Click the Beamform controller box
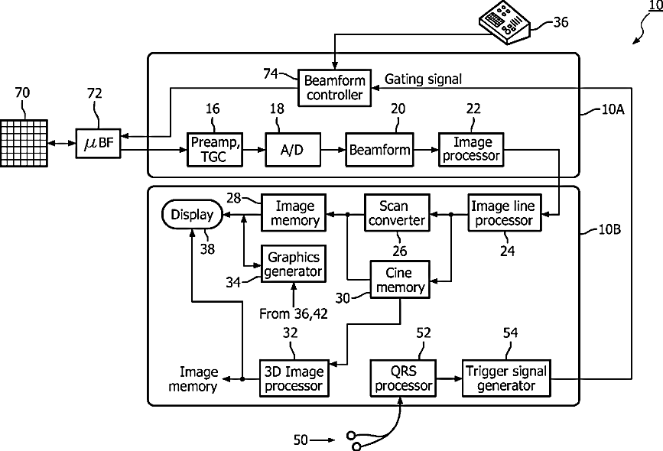[334, 88]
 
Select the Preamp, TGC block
[215, 150]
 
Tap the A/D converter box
[293, 150]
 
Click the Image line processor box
[505, 213]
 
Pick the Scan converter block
[397, 213]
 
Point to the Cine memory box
[400, 280]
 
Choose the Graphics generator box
[294, 264]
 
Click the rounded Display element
[193, 214]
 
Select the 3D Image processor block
[294, 378]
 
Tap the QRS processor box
[403, 378]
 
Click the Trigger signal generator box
[506, 378]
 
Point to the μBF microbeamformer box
[98, 143]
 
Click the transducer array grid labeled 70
[24, 143]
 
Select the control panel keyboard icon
[504, 22]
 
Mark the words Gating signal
[423, 79]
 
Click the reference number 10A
[613, 109]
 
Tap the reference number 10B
[609, 229]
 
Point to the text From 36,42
[294, 313]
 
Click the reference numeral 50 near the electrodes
[301, 440]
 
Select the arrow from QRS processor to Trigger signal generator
[449, 378]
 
